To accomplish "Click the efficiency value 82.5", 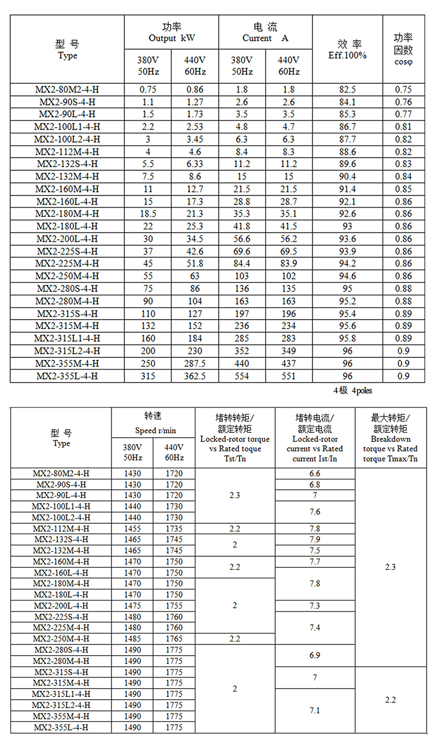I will pyautogui.click(x=347, y=89).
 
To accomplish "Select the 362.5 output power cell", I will pyautogui.click(x=194, y=376).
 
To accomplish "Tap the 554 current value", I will pyautogui.click(x=242, y=376).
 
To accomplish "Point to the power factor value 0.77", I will pyautogui.click(x=403, y=114).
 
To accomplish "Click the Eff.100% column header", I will pyautogui.click(x=347, y=55).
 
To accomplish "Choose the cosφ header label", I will pyautogui.click(x=403, y=61).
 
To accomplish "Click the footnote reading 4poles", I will pyautogui.click(x=362, y=390).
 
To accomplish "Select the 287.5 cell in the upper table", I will pyautogui.click(x=194, y=364).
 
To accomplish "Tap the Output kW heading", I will pyautogui.click(x=171, y=38).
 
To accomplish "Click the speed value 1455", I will pyautogui.click(x=132, y=529).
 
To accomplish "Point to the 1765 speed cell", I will pyautogui.click(x=174, y=639).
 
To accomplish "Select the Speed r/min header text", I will pyautogui.click(x=153, y=430).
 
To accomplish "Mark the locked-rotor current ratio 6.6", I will pyautogui.click(x=314, y=474).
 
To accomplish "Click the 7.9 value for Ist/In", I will pyautogui.click(x=314, y=540).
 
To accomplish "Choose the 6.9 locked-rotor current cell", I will pyautogui.click(x=314, y=655).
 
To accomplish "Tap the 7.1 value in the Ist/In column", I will pyautogui.click(x=314, y=710).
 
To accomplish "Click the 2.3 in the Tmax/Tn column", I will pyautogui.click(x=390, y=567).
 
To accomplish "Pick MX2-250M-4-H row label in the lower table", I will pyautogui.click(x=61, y=639).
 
